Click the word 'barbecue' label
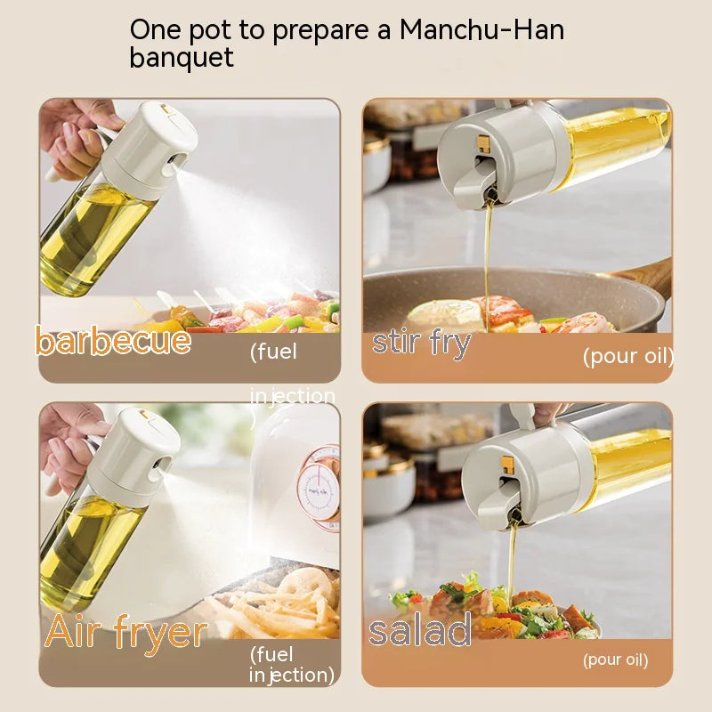pos(112,341)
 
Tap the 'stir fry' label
pos(421,343)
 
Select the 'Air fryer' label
pos(125,633)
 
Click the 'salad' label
pos(420,631)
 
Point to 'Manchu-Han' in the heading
pos(481,28)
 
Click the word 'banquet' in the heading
pos(182,58)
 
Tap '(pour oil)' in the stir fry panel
pos(627,357)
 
